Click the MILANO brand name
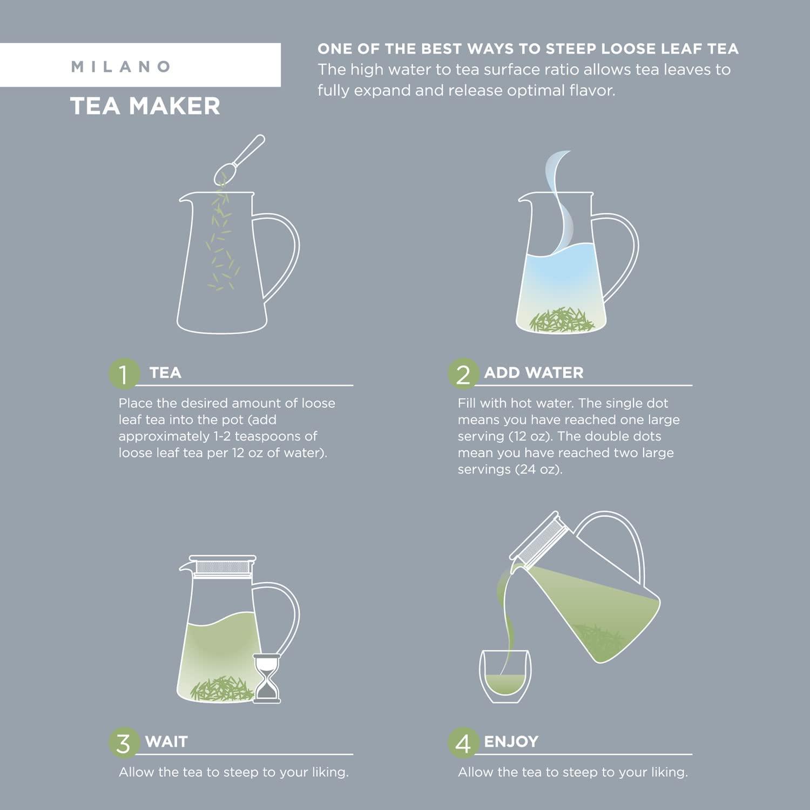tap(121, 66)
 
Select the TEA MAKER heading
tap(145, 106)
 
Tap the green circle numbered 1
tap(124, 374)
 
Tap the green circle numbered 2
tap(463, 374)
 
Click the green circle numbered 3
tap(124, 743)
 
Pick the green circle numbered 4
tap(463, 743)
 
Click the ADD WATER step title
tap(534, 373)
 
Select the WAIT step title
tap(166, 741)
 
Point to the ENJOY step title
tap(511, 741)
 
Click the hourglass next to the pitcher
tap(267, 678)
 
